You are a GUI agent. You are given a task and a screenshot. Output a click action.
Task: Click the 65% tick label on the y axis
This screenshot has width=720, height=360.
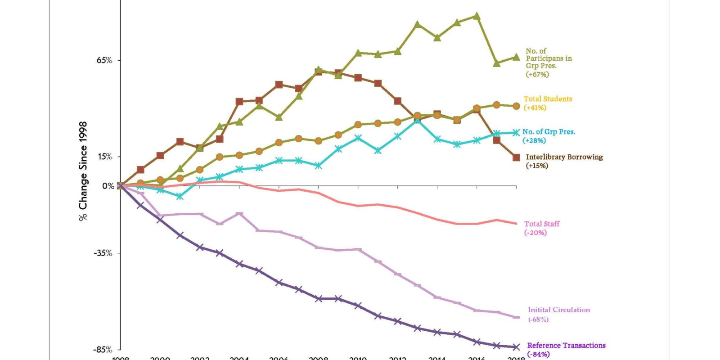[104, 60]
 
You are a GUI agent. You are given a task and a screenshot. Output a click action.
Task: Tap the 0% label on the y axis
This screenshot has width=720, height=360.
[108, 186]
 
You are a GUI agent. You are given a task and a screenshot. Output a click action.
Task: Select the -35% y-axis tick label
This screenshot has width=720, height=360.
[103, 253]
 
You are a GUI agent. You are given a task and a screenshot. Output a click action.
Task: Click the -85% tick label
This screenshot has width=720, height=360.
[103, 350]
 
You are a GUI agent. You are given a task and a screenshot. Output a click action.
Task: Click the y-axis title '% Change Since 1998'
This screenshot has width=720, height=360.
[83, 171]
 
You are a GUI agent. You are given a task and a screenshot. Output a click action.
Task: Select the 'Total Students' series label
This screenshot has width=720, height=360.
[548, 99]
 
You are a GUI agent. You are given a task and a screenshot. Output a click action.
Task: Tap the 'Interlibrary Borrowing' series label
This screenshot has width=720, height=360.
[564, 157]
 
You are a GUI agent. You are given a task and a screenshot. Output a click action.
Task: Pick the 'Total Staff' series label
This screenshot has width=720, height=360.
[542, 224]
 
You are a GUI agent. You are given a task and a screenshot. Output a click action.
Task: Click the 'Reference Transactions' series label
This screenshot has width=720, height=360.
[566, 345]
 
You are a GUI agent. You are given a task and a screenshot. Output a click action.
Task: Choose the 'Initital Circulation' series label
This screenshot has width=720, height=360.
[558, 310]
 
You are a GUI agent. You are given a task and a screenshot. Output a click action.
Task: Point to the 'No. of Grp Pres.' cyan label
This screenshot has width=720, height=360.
[549, 132]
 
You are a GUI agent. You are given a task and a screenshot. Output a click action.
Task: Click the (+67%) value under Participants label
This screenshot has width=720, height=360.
[537, 74]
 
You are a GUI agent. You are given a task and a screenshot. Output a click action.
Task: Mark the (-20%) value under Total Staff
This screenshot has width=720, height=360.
[535, 233]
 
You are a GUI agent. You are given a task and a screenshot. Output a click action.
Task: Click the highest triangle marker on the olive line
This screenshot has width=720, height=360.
[477, 16]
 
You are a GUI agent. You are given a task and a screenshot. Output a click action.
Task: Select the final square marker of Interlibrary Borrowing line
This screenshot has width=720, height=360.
[517, 157]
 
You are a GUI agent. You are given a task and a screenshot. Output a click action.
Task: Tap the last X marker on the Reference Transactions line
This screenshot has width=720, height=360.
[517, 347]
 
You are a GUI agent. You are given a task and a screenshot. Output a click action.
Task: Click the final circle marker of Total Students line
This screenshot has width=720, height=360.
[516, 106]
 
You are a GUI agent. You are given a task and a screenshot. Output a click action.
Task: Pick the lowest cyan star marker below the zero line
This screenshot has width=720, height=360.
[180, 197]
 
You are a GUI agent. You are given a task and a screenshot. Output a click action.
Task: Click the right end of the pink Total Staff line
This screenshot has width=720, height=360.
[516, 223]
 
